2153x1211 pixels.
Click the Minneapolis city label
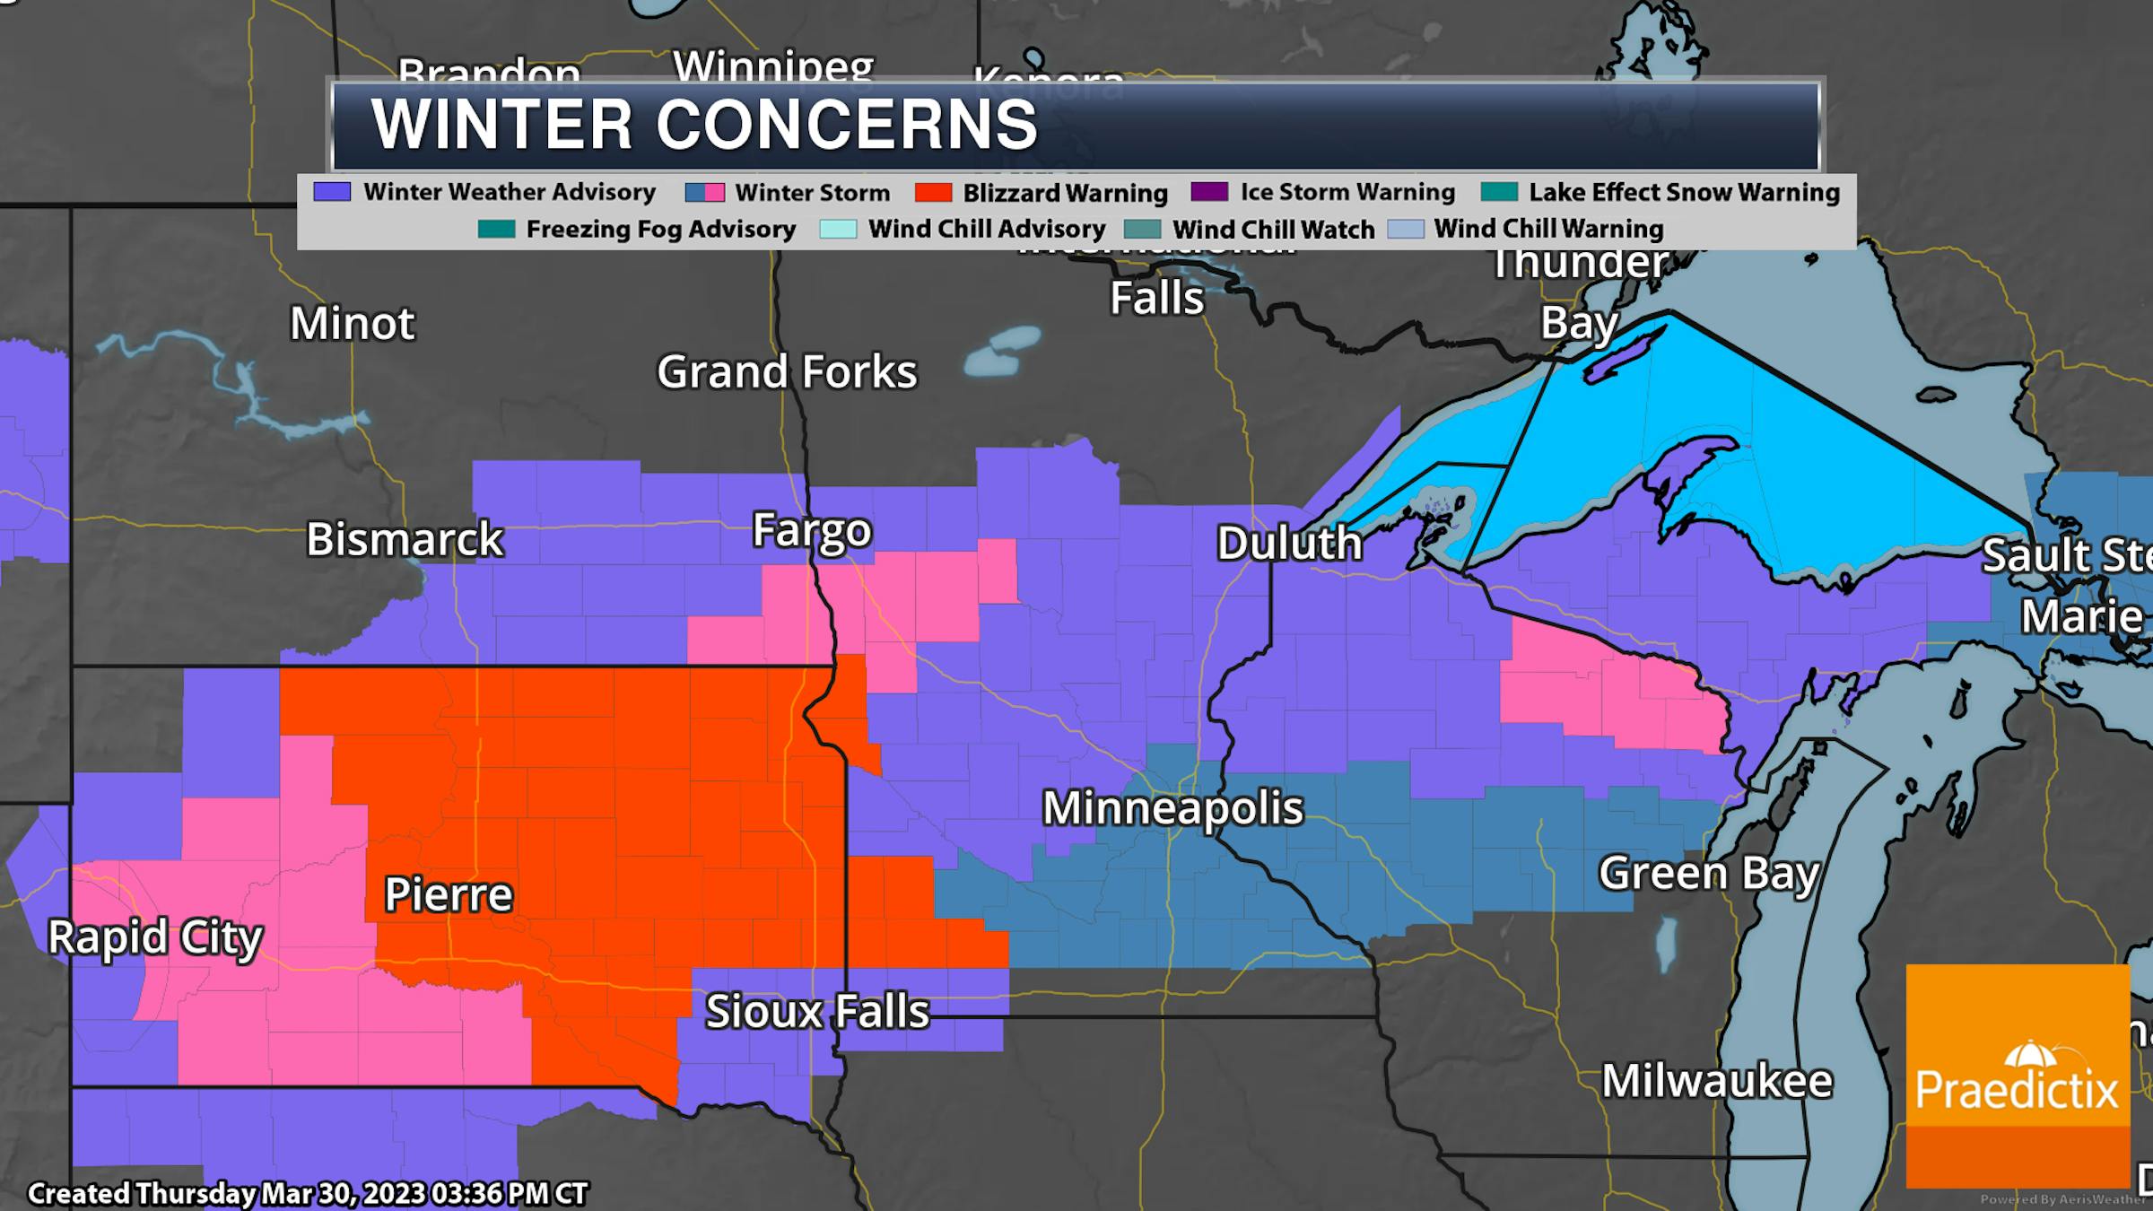(x=1172, y=808)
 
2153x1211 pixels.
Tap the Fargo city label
(x=811, y=530)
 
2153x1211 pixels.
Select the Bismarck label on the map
(x=405, y=539)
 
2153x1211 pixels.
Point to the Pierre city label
(x=448, y=894)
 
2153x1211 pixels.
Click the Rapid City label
(x=154, y=938)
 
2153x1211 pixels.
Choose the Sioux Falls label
(x=816, y=1011)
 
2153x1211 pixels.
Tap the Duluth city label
(x=1289, y=543)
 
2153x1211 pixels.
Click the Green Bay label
(x=1709, y=873)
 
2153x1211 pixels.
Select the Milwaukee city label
(x=1717, y=1081)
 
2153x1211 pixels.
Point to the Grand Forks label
(x=787, y=371)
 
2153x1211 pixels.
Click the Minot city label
(x=352, y=323)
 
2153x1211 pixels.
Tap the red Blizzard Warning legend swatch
(x=933, y=193)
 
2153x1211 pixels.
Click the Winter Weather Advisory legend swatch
(x=331, y=192)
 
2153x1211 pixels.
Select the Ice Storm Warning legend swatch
(x=1208, y=192)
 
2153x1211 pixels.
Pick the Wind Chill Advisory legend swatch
(x=837, y=229)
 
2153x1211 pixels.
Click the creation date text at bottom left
(x=308, y=1194)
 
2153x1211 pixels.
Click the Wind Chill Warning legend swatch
(x=1405, y=229)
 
